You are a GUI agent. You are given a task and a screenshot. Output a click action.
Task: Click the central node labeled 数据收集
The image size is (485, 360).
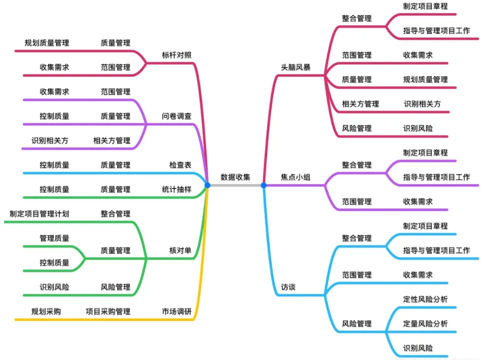pyautogui.click(x=235, y=177)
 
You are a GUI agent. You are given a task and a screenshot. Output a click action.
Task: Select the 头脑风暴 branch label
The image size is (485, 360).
pyautogui.click(x=295, y=67)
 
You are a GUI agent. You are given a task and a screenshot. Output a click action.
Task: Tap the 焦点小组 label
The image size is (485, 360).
pyautogui.click(x=295, y=177)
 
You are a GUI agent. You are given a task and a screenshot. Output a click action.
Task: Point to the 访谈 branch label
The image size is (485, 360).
pyautogui.click(x=289, y=287)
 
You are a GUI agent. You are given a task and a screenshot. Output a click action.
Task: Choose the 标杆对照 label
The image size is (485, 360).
pyautogui.click(x=177, y=55)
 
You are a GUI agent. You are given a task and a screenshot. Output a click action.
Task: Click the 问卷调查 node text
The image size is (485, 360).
pyautogui.click(x=177, y=116)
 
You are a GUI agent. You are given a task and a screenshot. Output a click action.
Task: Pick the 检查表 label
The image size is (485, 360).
pyautogui.click(x=180, y=165)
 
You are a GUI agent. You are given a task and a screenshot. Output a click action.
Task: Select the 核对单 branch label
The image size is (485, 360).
pyautogui.click(x=180, y=251)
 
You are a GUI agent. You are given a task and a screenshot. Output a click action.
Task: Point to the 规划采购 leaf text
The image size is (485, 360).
pyautogui.click(x=46, y=312)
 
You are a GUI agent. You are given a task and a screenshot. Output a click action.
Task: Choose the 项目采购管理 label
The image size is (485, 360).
pyautogui.click(x=108, y=312)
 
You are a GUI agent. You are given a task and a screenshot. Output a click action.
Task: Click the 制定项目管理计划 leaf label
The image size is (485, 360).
pyautogui.click(x=39, y=214)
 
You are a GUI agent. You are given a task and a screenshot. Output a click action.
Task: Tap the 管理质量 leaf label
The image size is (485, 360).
pyautogui.click(x=54, y=238)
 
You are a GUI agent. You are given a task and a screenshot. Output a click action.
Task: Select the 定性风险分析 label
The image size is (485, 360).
pyautogui.click(x=425, y=299)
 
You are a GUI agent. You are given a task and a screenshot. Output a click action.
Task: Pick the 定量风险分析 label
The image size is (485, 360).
pyautogui.click(x=425, y=324)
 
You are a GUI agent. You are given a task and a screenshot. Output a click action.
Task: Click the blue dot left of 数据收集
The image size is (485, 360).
pyautogui.click(x=207, y=185)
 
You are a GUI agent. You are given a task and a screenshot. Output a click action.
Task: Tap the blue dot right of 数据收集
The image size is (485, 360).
pyautogui.click(x=264, y=185)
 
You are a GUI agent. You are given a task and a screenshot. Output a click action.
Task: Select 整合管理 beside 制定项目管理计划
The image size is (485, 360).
pyautogui.click(x=115, y=214)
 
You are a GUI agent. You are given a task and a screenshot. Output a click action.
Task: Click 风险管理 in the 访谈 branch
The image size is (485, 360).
pyautogui.click(x=357, y=324)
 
